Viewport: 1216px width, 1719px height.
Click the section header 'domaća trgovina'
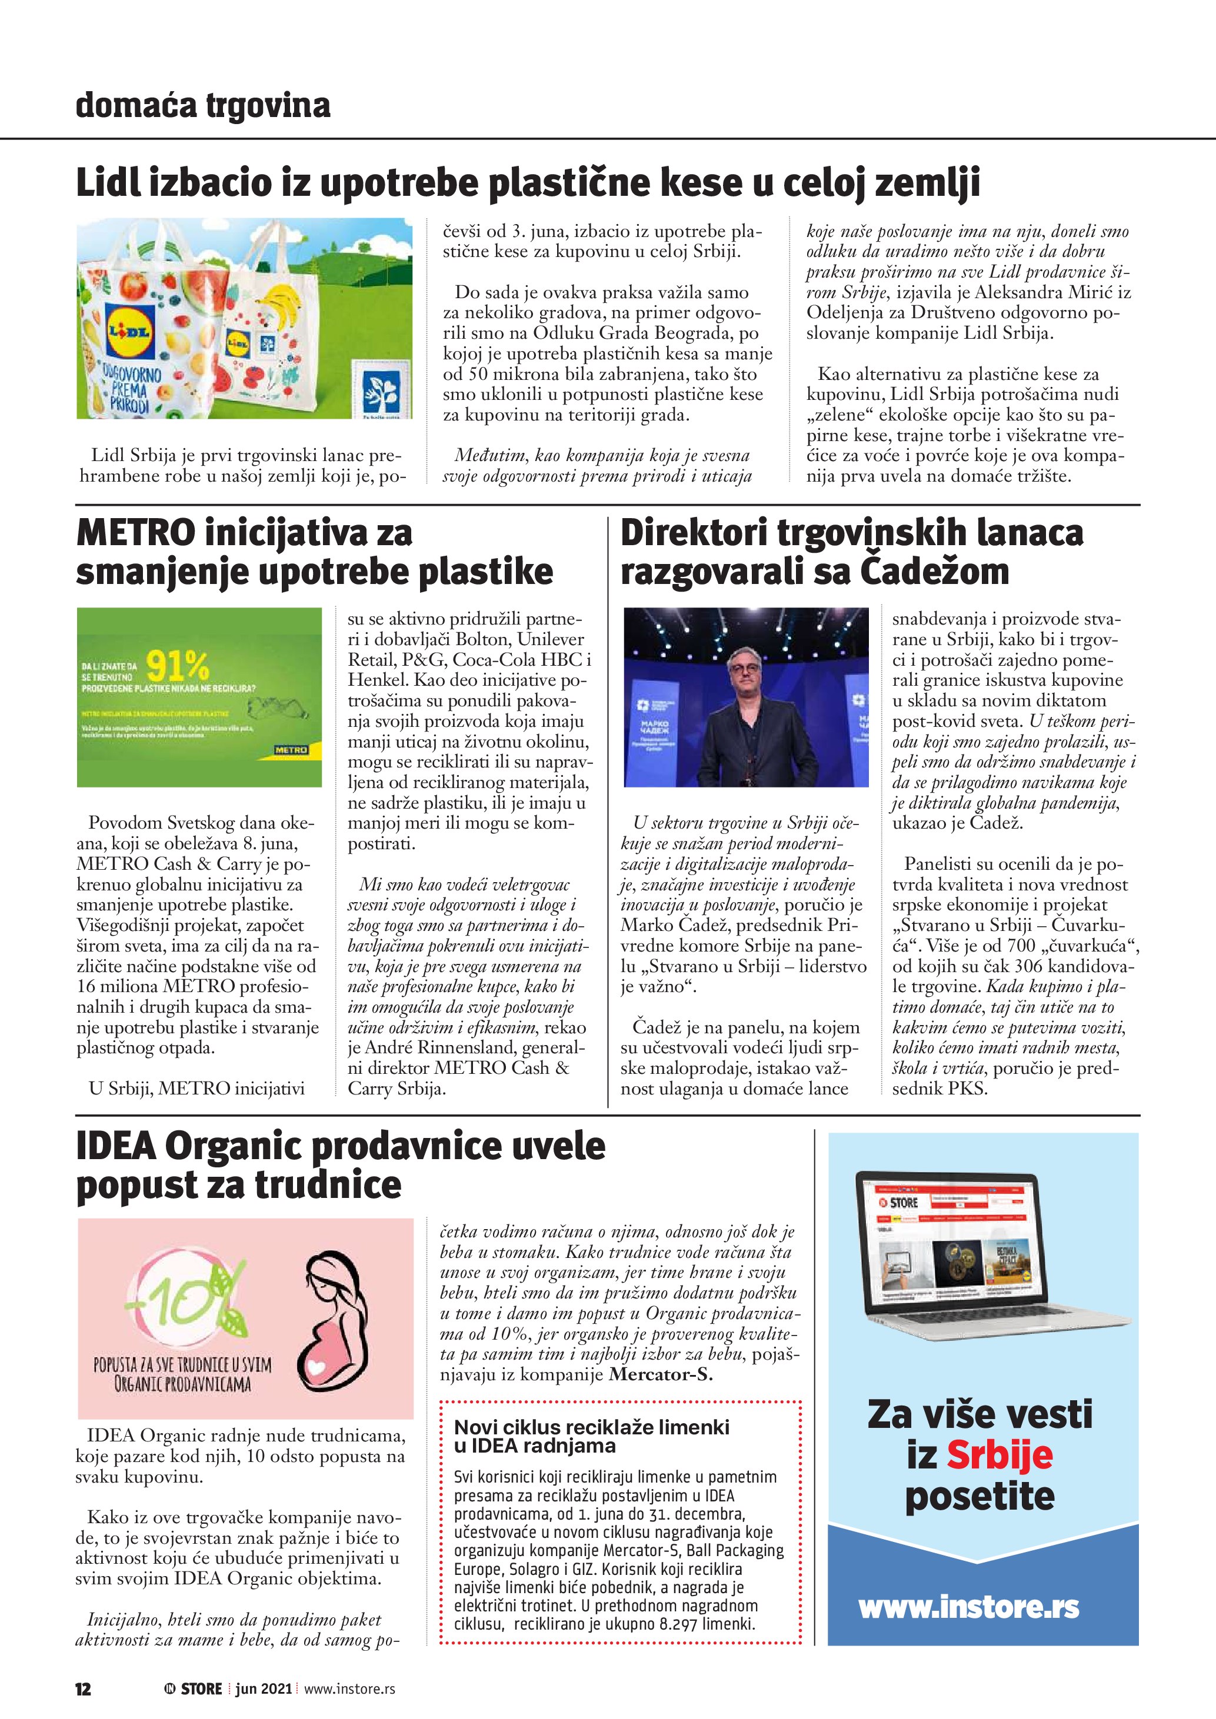202,106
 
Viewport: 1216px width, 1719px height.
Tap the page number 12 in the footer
83,1688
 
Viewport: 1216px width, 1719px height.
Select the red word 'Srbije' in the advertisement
1000,1455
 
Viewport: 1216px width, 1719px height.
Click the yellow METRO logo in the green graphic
291,749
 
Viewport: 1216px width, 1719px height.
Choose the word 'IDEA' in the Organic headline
115,1146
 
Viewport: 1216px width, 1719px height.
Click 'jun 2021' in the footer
264,1688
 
